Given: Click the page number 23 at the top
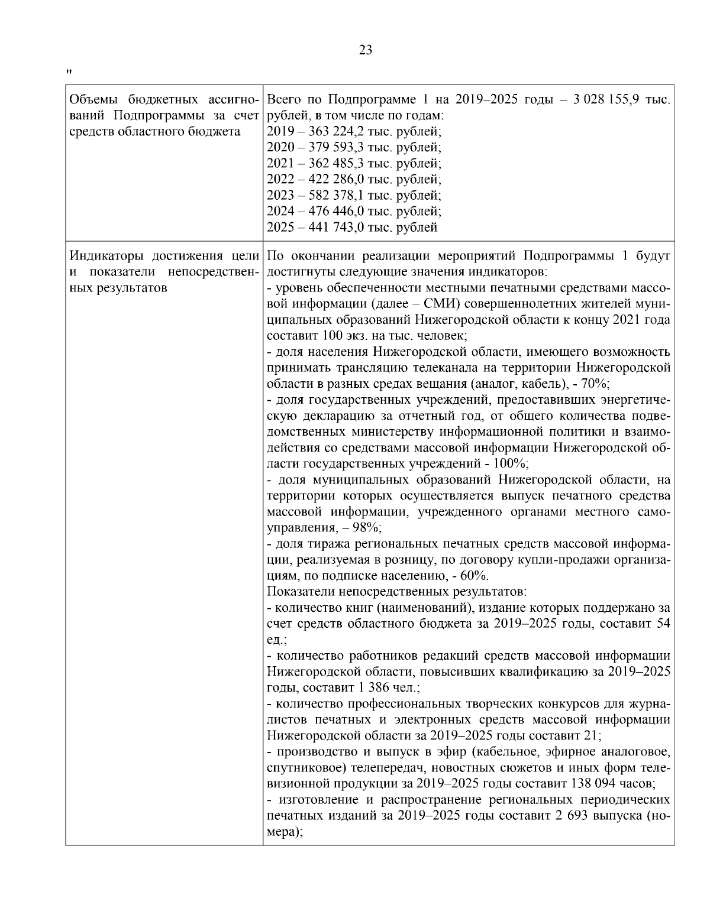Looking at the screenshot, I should click(366, 50).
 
